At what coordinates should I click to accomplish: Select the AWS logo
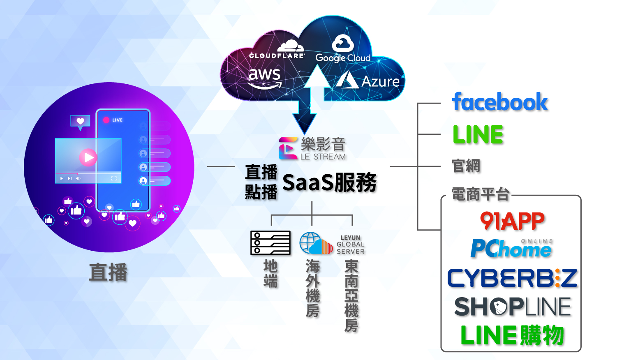tap(265, 78)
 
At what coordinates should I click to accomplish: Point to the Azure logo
tap(368, 80)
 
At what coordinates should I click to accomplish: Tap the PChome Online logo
tap(511, 248)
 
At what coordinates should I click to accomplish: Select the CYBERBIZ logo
tap(512, 278)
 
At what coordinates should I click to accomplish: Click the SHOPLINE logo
tap(512, 307)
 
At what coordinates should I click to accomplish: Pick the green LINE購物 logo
tap(512, 335)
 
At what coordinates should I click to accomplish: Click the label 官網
tap(466, 166)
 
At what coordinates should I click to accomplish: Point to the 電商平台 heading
tap(480, 194)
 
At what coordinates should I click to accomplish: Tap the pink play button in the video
tap(88, 157)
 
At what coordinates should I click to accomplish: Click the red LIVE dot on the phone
tap(106, 120)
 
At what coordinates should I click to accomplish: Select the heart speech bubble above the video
tap(80, 122)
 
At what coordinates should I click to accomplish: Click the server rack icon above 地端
tap(270, 243)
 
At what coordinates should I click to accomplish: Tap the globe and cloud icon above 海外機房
tap(316, 243)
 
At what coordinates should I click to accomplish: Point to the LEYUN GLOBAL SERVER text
tap(351, 245)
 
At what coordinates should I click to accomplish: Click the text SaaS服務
tap(329, 182)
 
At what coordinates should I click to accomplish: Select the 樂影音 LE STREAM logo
tap(312, 148)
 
